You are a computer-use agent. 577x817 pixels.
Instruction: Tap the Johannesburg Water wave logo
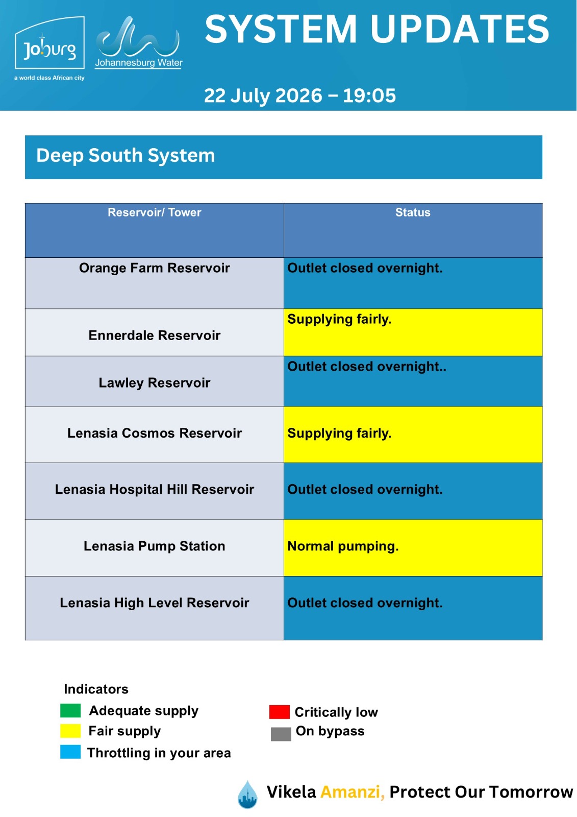click(x=138, y=42)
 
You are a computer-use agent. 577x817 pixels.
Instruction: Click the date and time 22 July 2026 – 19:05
click(x=299, y=95)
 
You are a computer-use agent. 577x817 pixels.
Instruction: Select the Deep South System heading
click(x=126, y=155)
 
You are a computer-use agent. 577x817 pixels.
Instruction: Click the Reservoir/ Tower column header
click(x=154, y=212)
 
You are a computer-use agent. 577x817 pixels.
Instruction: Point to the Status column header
click(x=413, y=212)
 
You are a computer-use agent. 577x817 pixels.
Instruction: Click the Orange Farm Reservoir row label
click(x=154, y=268)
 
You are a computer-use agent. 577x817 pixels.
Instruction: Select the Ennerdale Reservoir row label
click(x=154, y=335)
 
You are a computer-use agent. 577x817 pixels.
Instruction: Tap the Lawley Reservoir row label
click(x=154, y=382)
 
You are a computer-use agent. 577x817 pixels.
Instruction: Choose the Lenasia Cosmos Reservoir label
click(x=154, y=433)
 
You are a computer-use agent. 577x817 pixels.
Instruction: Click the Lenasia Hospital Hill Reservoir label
click(x=154, y=490)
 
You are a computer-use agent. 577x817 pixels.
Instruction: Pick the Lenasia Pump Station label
click(x=154, y=546)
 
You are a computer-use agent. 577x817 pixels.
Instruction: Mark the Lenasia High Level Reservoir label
click(x=154, y=603)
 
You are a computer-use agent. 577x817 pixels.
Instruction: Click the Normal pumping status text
click(x=343, y=546)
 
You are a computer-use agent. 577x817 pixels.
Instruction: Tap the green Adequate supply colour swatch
click(x=70, y=710)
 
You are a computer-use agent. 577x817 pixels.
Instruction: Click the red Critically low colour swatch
click(x=279, y=712)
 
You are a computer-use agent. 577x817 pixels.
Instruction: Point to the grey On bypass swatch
click(x=281, y=734)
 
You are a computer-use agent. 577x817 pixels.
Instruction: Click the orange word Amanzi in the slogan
click(x=353, y=792)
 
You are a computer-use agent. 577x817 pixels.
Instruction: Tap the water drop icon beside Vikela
click(x=247, y=795)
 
